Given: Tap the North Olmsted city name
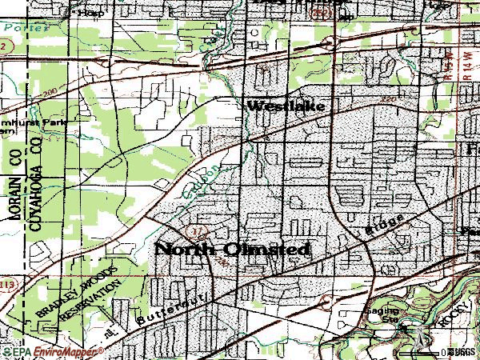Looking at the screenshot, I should (x=232, y=250).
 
